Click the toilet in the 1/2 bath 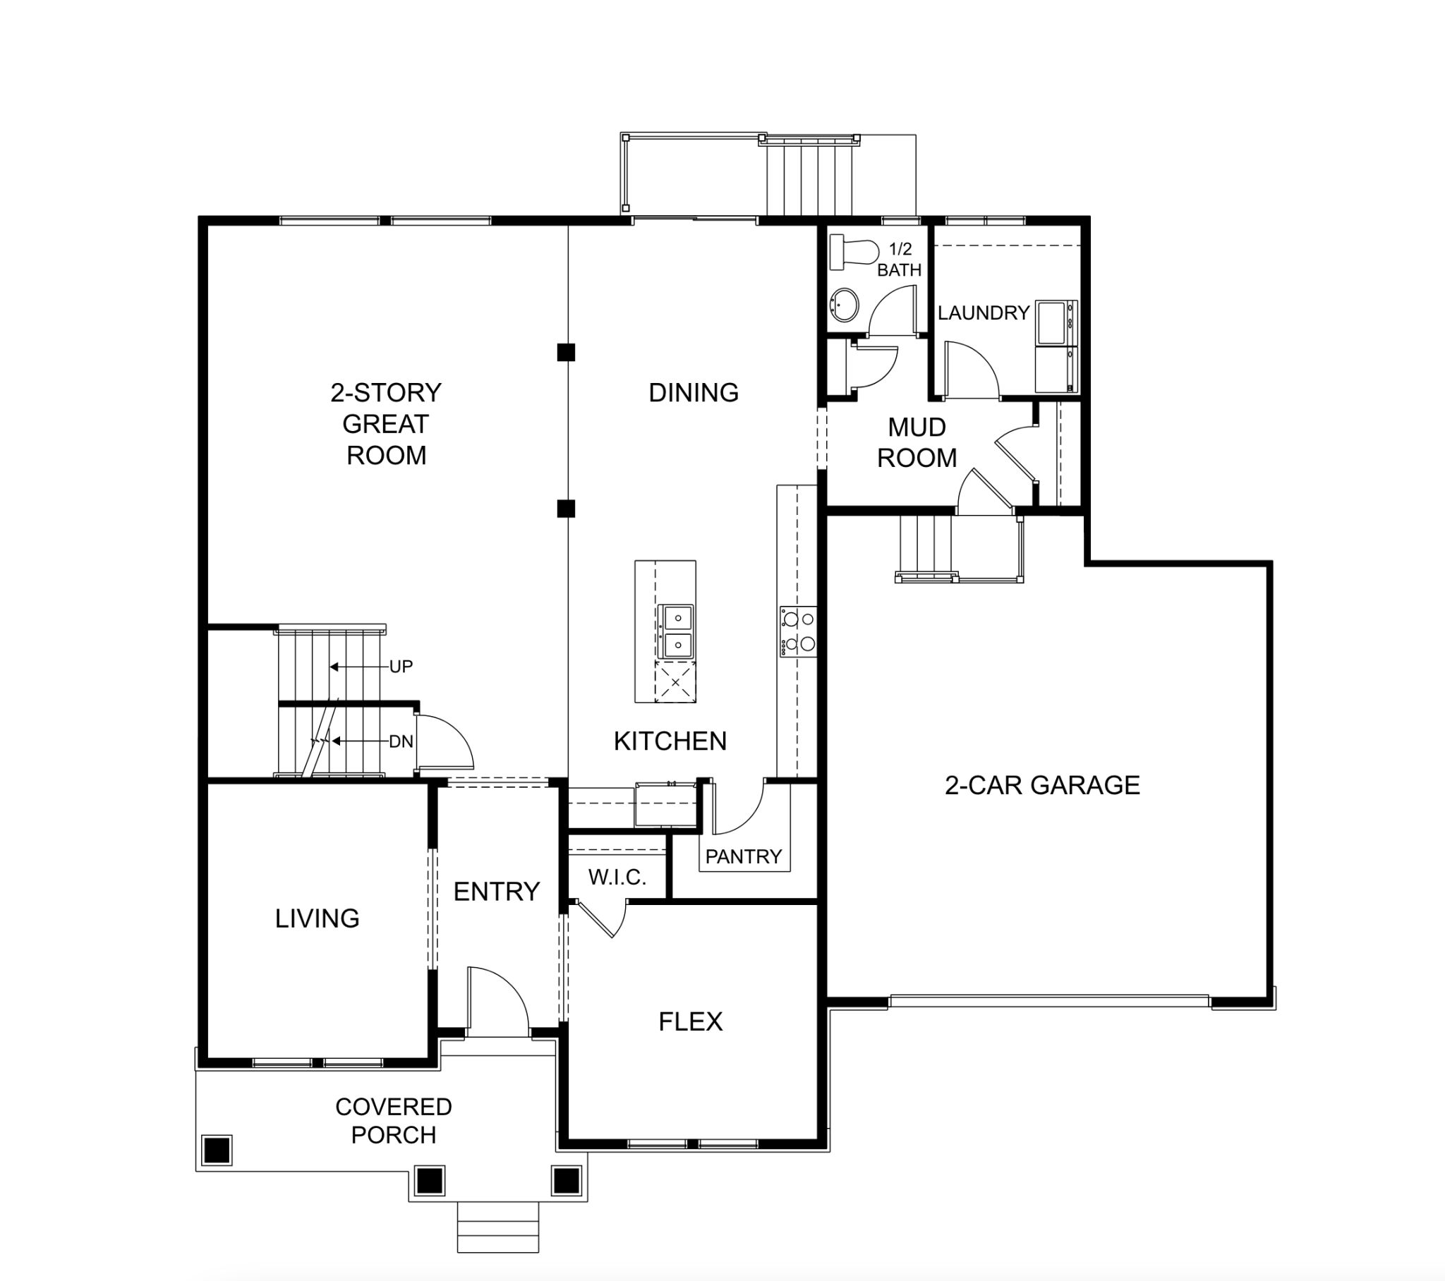[x=854, y=253]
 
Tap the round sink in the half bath [x=844, y=305]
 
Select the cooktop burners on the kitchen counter [x=798, y=631]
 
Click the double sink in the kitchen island [x=675, y=631]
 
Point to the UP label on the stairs [x=401, y=667]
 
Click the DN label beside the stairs [x=401, y=741]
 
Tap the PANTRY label [x=744, y=857]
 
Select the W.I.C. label [x=617, y=878]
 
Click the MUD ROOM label [x=917, y=442]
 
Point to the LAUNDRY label [x=984, y=312]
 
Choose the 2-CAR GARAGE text [x=1042, y=784]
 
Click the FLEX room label [x=691, y=1021]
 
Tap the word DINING [x=694, y=392]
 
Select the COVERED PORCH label [x=394, y=1120]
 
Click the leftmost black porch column [x=217, y=1151]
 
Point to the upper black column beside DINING [x=566, y=352]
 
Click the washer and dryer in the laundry [x=1057, y=346]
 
